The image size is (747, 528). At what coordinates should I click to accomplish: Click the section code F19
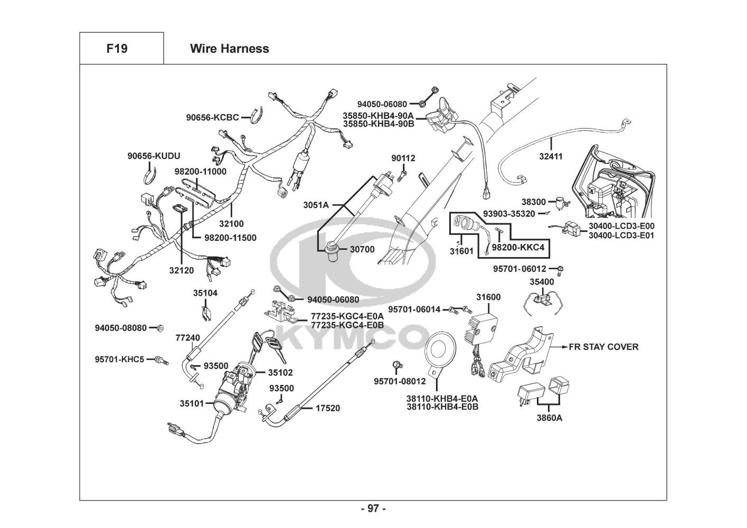click(117, 49)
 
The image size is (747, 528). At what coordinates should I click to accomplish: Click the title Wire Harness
click(229, 49)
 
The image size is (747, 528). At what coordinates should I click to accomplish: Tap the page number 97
click(373, 508)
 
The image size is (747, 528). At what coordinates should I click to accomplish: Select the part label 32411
click(551, 156)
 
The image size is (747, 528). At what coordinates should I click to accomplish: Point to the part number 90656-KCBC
click(212, 117)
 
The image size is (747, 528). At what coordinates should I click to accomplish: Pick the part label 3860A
click(549, 418)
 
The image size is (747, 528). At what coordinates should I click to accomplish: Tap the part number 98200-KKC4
click(517, 247)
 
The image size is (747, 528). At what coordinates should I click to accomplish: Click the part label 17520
click(328, 408)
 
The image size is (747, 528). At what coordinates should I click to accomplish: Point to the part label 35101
click(192, 404)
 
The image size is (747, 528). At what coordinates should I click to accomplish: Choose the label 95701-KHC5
click(119, 360)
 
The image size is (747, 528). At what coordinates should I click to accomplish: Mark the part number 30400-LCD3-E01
click(621, 235)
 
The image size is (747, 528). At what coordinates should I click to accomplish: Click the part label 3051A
click(316, 204)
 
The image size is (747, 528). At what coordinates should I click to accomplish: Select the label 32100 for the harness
click(232, 224)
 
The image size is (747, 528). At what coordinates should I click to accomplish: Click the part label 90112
click(403, 158)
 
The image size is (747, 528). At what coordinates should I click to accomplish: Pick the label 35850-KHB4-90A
click(378, 116)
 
